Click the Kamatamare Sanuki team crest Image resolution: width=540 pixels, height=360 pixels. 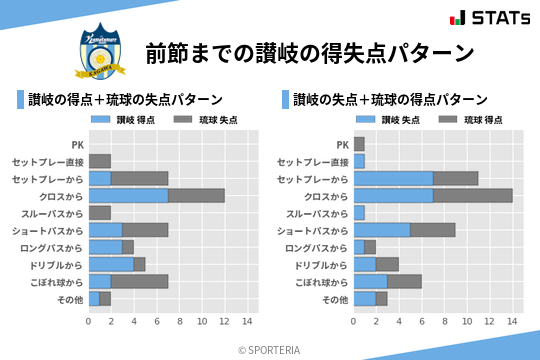coord(101,51)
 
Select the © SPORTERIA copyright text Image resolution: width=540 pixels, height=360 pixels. coord(270,349)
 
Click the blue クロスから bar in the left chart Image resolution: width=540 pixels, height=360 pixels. coord(128,195)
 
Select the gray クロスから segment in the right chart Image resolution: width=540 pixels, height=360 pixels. coord(473,195)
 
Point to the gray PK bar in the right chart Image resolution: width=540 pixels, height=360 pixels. coord(359,144)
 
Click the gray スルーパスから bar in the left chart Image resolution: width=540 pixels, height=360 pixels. coord(100,212)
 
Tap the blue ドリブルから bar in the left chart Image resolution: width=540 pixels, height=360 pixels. coord(111,264)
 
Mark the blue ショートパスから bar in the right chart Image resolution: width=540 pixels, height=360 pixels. coord(382,230)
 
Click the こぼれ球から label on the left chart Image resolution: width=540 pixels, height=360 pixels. coord(56,282)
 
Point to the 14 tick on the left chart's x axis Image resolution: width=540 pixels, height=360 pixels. coord(248,322)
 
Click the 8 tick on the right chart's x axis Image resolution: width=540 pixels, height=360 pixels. coord(445,322)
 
